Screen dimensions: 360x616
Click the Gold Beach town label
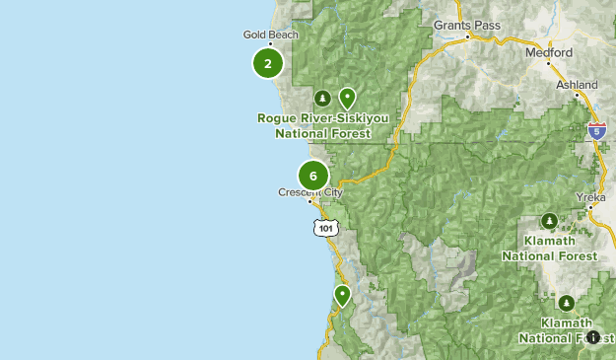[x=270, y=35]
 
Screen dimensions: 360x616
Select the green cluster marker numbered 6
[x=312, y=177]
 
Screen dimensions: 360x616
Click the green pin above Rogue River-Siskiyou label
[x=347, y=98]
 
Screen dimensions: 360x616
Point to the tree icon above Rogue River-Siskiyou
[x=322, y=98]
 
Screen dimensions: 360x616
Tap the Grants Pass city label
[x=466, y=24]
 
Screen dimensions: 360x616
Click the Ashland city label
[x=577, y=86]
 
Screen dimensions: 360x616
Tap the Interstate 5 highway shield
[x=595, y=129]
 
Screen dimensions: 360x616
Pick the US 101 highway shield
[x=326, y=228]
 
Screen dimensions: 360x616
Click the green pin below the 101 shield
[x=342, y=295]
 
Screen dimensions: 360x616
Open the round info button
[x=593, y=338]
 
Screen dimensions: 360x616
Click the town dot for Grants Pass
[x=469, y=36]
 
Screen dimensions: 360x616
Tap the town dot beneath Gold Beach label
[x=270, y=45]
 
